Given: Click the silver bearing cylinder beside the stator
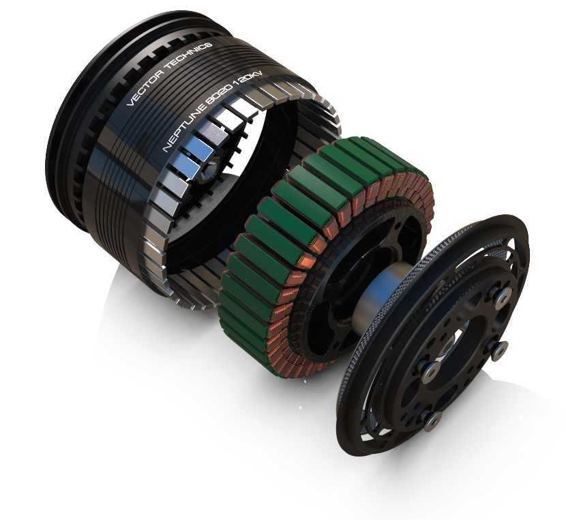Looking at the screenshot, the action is click(381, 293).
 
